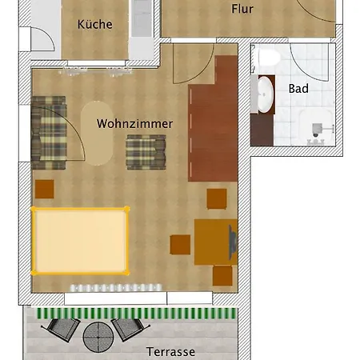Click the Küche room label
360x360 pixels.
point(95,24)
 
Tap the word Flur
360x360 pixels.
point(242,9)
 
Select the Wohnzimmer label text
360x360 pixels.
point(134,124)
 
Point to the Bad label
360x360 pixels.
point(298,89)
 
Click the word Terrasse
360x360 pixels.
point(170,352)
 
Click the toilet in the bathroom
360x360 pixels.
point(270,58)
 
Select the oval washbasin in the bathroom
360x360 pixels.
point(266,94)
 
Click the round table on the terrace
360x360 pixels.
point(98,337)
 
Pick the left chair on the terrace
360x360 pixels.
point(61,330)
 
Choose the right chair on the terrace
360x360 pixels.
point(130,329)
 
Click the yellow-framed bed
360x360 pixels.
point(80,241)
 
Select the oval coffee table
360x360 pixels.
point(97,133)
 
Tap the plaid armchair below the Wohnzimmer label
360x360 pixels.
point(146,152)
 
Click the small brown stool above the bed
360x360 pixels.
point(45,189)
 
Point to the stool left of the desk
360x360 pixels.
point(180,245)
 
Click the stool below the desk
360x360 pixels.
point(222,275)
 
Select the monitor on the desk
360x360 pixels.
point(233,242)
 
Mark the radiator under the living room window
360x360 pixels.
point(116,288)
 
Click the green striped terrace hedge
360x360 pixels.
point(137,314)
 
